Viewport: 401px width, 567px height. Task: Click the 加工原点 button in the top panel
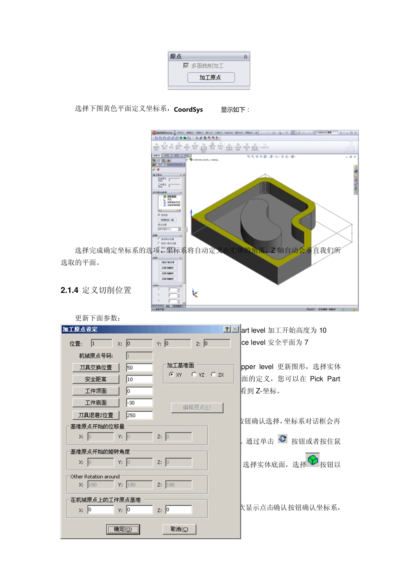coord(211,78)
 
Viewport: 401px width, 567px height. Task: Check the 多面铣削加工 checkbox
coord(186,66)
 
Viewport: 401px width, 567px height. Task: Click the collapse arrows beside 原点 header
coord(246,57)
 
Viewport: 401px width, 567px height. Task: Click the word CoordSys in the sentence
coord(188,110)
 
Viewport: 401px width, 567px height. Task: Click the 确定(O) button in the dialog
coord(123,529)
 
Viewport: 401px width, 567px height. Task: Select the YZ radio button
coord(194,375)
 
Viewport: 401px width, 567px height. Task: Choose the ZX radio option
coord(214,375)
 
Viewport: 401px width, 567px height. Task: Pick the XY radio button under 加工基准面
coord(171,375)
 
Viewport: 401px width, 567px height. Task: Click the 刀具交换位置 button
coord(96,367)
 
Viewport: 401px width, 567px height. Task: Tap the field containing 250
coord(139,415)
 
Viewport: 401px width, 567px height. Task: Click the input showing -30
coord(139,403)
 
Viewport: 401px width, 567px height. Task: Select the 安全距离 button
coord(96,379)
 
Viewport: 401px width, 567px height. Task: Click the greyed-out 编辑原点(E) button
coord(197,408)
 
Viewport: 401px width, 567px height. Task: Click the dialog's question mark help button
coord(227,329)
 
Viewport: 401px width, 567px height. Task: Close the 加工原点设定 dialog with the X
coord(235,329)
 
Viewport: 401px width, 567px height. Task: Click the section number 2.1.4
coord(69,290)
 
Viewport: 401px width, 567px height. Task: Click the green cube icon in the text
coord(313,460)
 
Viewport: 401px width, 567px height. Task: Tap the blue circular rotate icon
coord(282,439)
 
